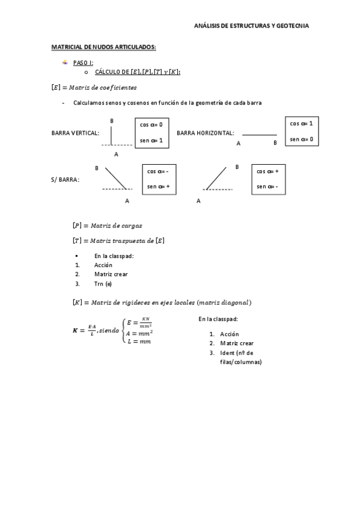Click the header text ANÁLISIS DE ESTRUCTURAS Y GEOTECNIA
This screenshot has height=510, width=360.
coord(252,26)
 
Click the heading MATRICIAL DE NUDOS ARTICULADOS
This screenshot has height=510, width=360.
coord(104,46)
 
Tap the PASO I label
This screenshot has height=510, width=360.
coord(83,63)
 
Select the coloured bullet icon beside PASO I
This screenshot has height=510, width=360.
coord(65,62)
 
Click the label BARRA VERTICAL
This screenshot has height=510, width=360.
coord(76,132)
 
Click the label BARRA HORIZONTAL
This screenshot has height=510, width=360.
coord(206,132)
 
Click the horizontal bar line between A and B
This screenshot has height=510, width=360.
coord(260,135)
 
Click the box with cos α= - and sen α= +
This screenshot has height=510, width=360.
coord(159,179)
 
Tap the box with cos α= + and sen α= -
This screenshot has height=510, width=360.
coord(268,179)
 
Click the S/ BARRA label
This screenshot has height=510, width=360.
coord(66,179)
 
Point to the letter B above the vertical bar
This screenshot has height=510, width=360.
coord(112,121)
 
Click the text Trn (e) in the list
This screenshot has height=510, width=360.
coord(103,284)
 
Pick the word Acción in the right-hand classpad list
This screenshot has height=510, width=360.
coord(229,334)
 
